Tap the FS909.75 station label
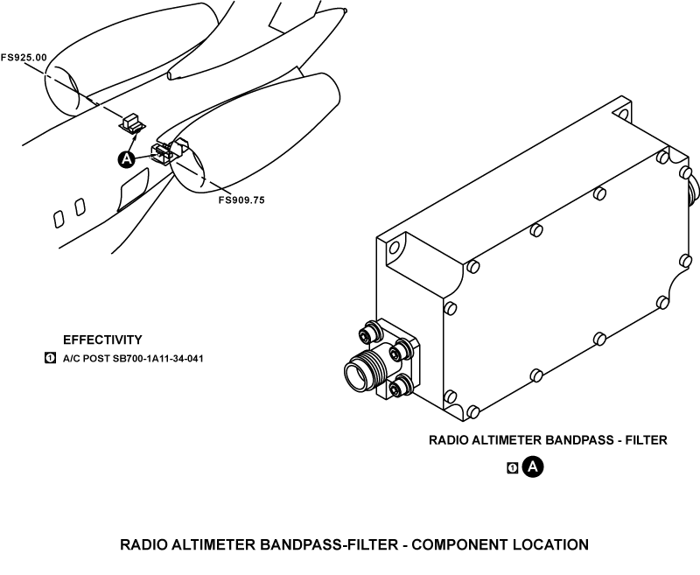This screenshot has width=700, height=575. (241, 200)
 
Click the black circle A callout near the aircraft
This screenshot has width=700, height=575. (126, 158)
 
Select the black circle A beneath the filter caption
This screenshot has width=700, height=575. (533, 467)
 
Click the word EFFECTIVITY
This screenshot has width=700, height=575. (102, 340)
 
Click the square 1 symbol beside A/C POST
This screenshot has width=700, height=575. (50, 358)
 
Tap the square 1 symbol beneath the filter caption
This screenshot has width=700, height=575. (513, 468)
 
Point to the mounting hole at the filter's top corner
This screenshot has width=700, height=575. (622, 112)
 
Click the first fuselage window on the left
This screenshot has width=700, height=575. (59, 218)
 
